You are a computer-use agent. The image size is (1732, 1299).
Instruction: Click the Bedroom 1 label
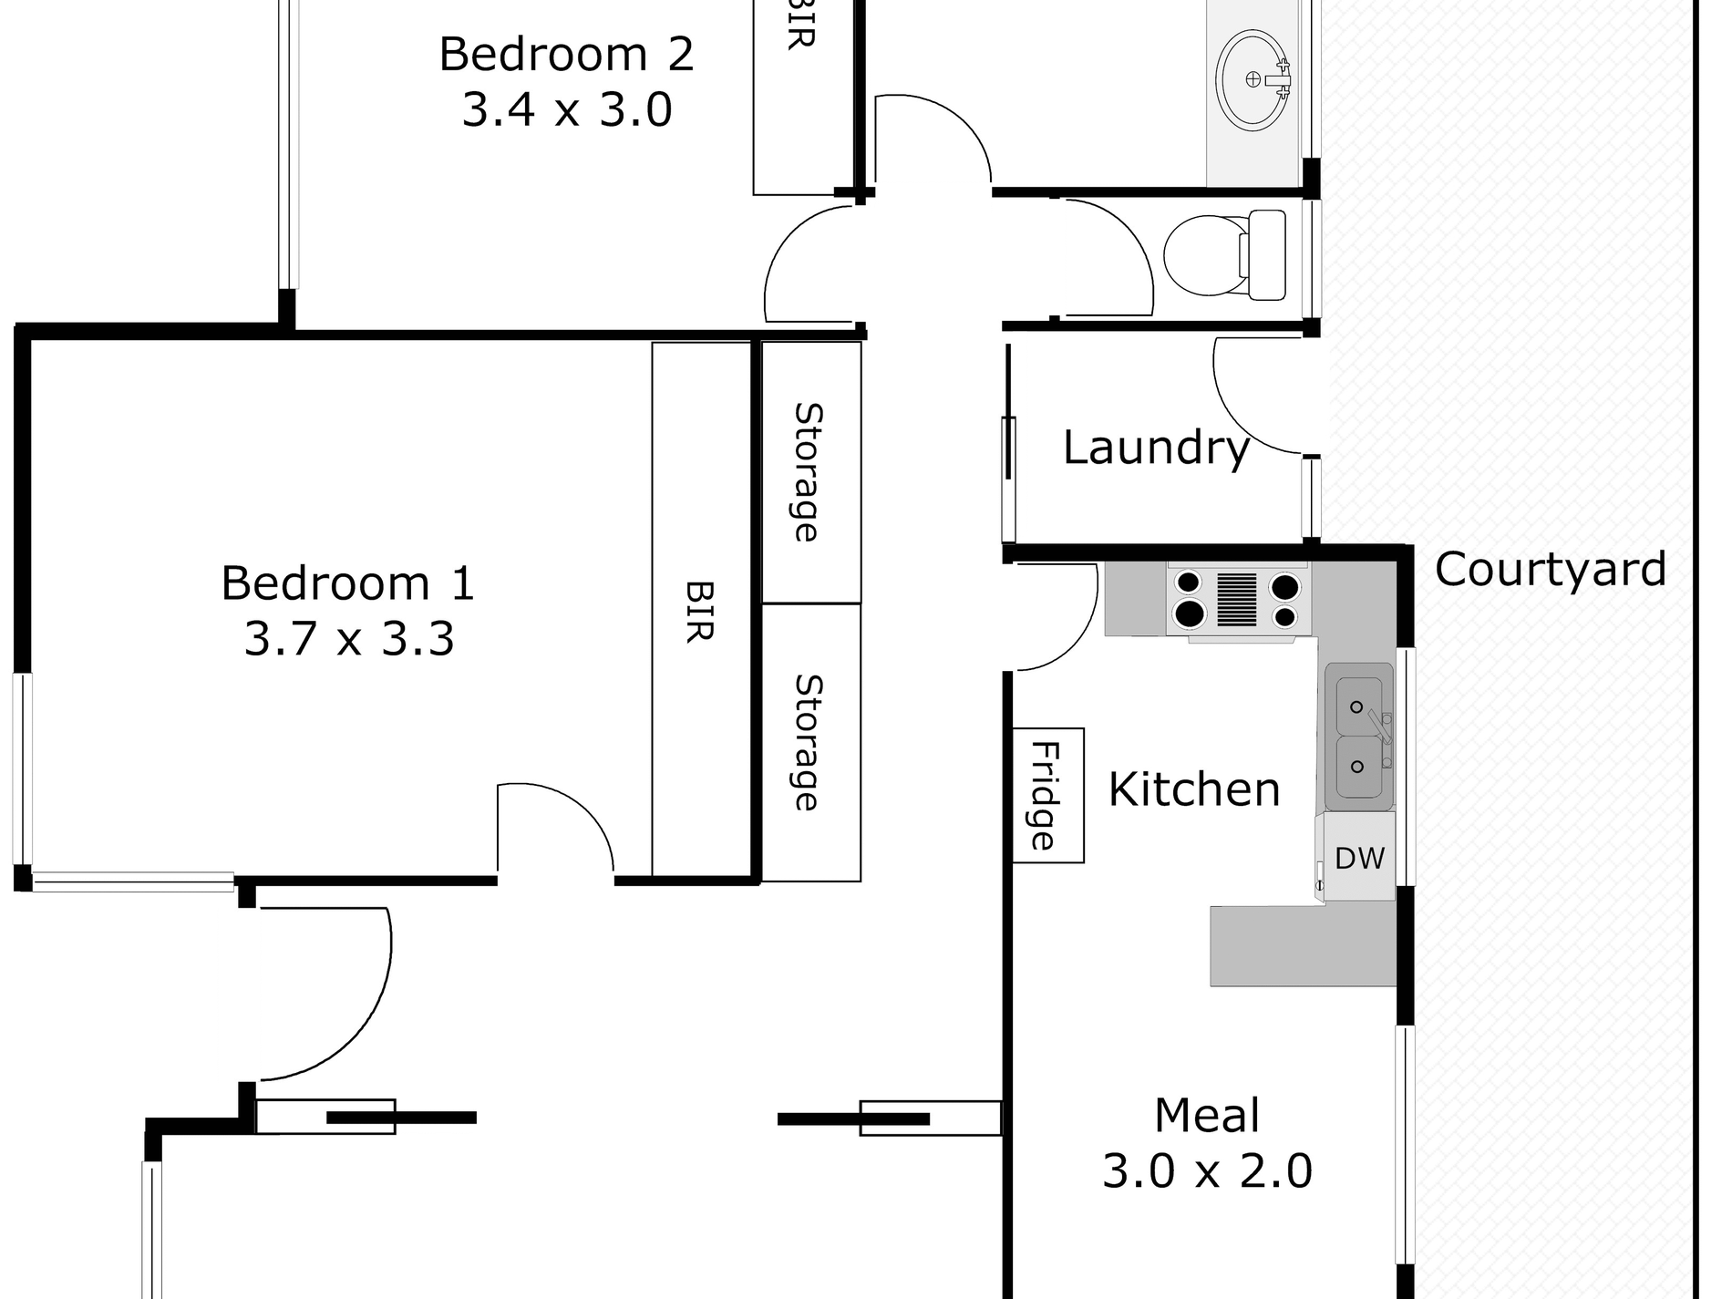[348, 583]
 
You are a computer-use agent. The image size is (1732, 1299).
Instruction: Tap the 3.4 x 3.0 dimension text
[567, 110]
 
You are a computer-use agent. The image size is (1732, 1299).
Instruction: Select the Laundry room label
[1156, 448]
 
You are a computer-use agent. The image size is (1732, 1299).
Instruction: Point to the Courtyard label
[1551, 570]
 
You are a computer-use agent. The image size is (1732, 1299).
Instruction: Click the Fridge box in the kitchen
[1048, 795]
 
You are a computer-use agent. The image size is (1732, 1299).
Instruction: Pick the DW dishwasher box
[1359, 858]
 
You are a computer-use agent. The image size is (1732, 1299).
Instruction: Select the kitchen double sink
[1358, 737]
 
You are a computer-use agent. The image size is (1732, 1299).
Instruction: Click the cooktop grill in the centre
[1237, 600]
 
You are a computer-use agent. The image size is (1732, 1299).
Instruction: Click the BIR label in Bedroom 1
[699, 611]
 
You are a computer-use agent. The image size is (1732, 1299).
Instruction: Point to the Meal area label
[1207, 1116]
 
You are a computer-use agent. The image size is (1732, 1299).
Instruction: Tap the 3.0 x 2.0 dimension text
[1207, 1171]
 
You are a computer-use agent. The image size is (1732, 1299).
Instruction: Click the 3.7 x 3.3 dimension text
[349, 639]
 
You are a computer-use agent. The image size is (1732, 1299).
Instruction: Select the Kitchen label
[1194, 789]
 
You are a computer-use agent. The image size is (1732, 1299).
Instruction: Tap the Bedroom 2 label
[566, 55]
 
